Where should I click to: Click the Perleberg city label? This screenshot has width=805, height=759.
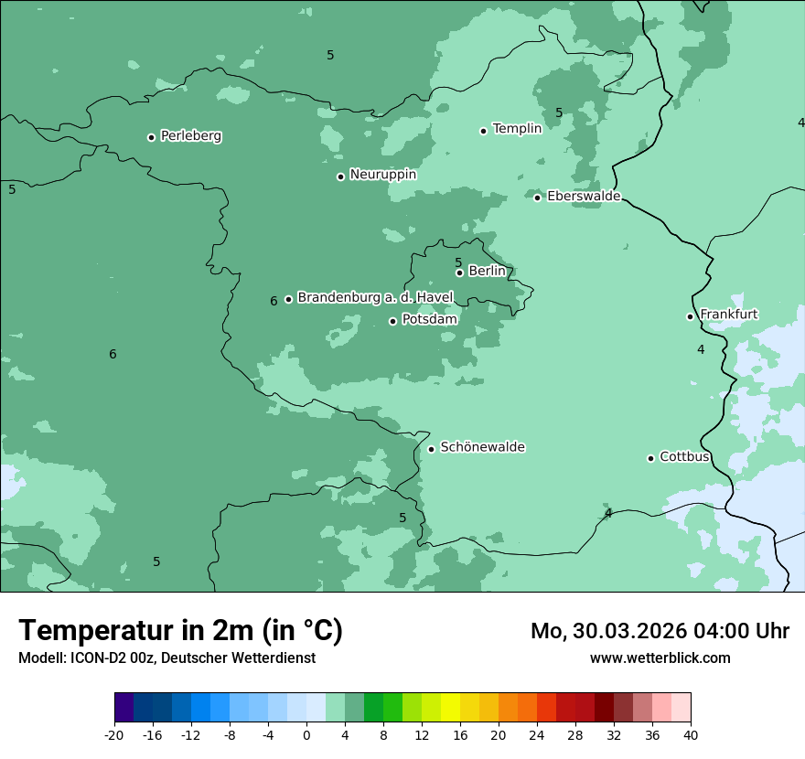point(190,136)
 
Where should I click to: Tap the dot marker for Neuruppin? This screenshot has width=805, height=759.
point(340,176)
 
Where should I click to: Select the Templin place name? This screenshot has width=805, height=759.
point(517,129)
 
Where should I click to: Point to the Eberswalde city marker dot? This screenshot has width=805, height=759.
point(538,198)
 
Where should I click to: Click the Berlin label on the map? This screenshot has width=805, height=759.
point(487,272)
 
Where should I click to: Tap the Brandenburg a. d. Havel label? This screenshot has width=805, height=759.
point(375,298)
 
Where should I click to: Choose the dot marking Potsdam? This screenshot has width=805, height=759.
point(392,321)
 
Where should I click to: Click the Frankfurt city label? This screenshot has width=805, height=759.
point(728,315)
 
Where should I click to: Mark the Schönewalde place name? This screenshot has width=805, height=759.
point(482,447)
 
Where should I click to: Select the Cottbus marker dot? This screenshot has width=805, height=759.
point(650,458)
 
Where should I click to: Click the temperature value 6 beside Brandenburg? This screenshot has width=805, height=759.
point(274,302)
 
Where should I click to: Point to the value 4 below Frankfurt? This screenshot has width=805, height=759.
point(701,349)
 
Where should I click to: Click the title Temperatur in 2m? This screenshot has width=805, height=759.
point(180,630)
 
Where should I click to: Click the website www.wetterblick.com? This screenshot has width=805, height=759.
point(660,657)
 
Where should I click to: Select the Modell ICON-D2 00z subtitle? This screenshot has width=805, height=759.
point(166,657)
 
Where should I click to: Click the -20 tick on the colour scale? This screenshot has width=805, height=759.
point(114,734)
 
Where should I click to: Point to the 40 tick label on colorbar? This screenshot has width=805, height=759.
point(691,734)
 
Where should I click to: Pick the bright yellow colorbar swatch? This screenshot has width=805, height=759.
point(450,708)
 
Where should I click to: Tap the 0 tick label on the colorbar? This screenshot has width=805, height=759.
point(306,734)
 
